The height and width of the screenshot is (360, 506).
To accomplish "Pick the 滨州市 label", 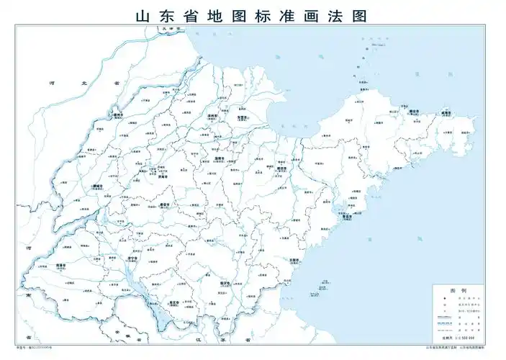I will click(213, 114).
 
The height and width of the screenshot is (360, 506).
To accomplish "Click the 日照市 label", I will click(293, 258).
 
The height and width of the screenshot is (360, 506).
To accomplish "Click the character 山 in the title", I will click(140, 15).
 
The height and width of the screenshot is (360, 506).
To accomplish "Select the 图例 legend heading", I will click(458, 290).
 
